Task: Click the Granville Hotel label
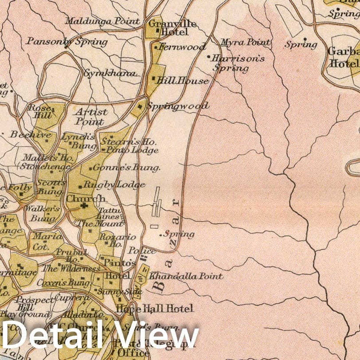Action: [x=168, y=27]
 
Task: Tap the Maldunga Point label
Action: [x=102, y=21]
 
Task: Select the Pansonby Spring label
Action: [x=67, y=42]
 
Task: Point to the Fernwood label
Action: [x=182, y=47]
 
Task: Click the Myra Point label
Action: [x=245, y=43]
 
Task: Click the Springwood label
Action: [x=177, y=106]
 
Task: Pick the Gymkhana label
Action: [x=110, y=73]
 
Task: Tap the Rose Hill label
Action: [x=40, y=111]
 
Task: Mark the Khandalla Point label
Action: [x=186, y=276]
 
